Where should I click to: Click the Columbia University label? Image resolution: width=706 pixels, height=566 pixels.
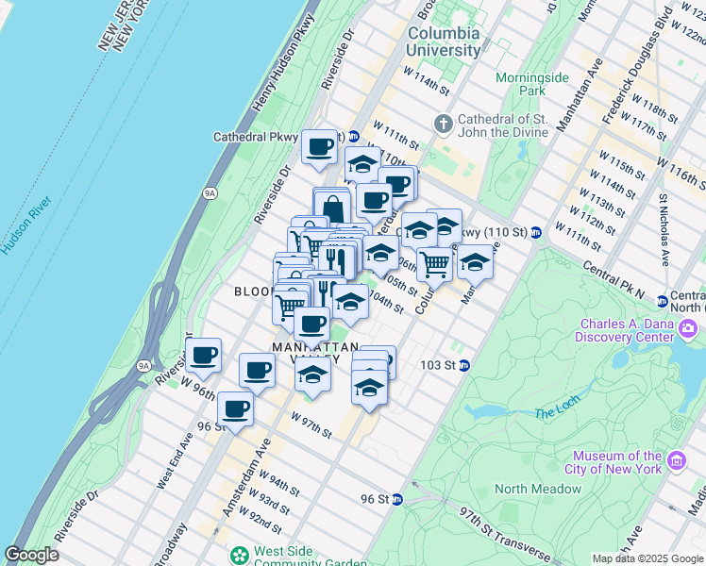click(x=443, y=42)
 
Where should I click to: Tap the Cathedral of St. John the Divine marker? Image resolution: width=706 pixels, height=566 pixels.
click(x=443, y=124)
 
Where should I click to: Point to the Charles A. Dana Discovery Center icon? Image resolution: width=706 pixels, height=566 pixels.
click(x=688, y=329)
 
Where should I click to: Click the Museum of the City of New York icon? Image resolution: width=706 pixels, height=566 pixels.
click(x=676, y=460)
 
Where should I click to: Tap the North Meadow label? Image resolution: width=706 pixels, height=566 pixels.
click(x=538, y=489)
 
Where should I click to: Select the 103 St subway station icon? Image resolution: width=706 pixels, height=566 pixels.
click(x=464, y=365)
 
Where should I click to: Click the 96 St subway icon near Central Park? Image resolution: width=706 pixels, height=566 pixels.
click(x=399, y=498)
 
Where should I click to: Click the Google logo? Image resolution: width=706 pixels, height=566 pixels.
click(x=31, y=555)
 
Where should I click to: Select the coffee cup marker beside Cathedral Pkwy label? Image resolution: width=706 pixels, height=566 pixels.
click(x=320, y=148)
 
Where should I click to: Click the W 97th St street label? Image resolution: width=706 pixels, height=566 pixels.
click(x=311, y=424)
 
